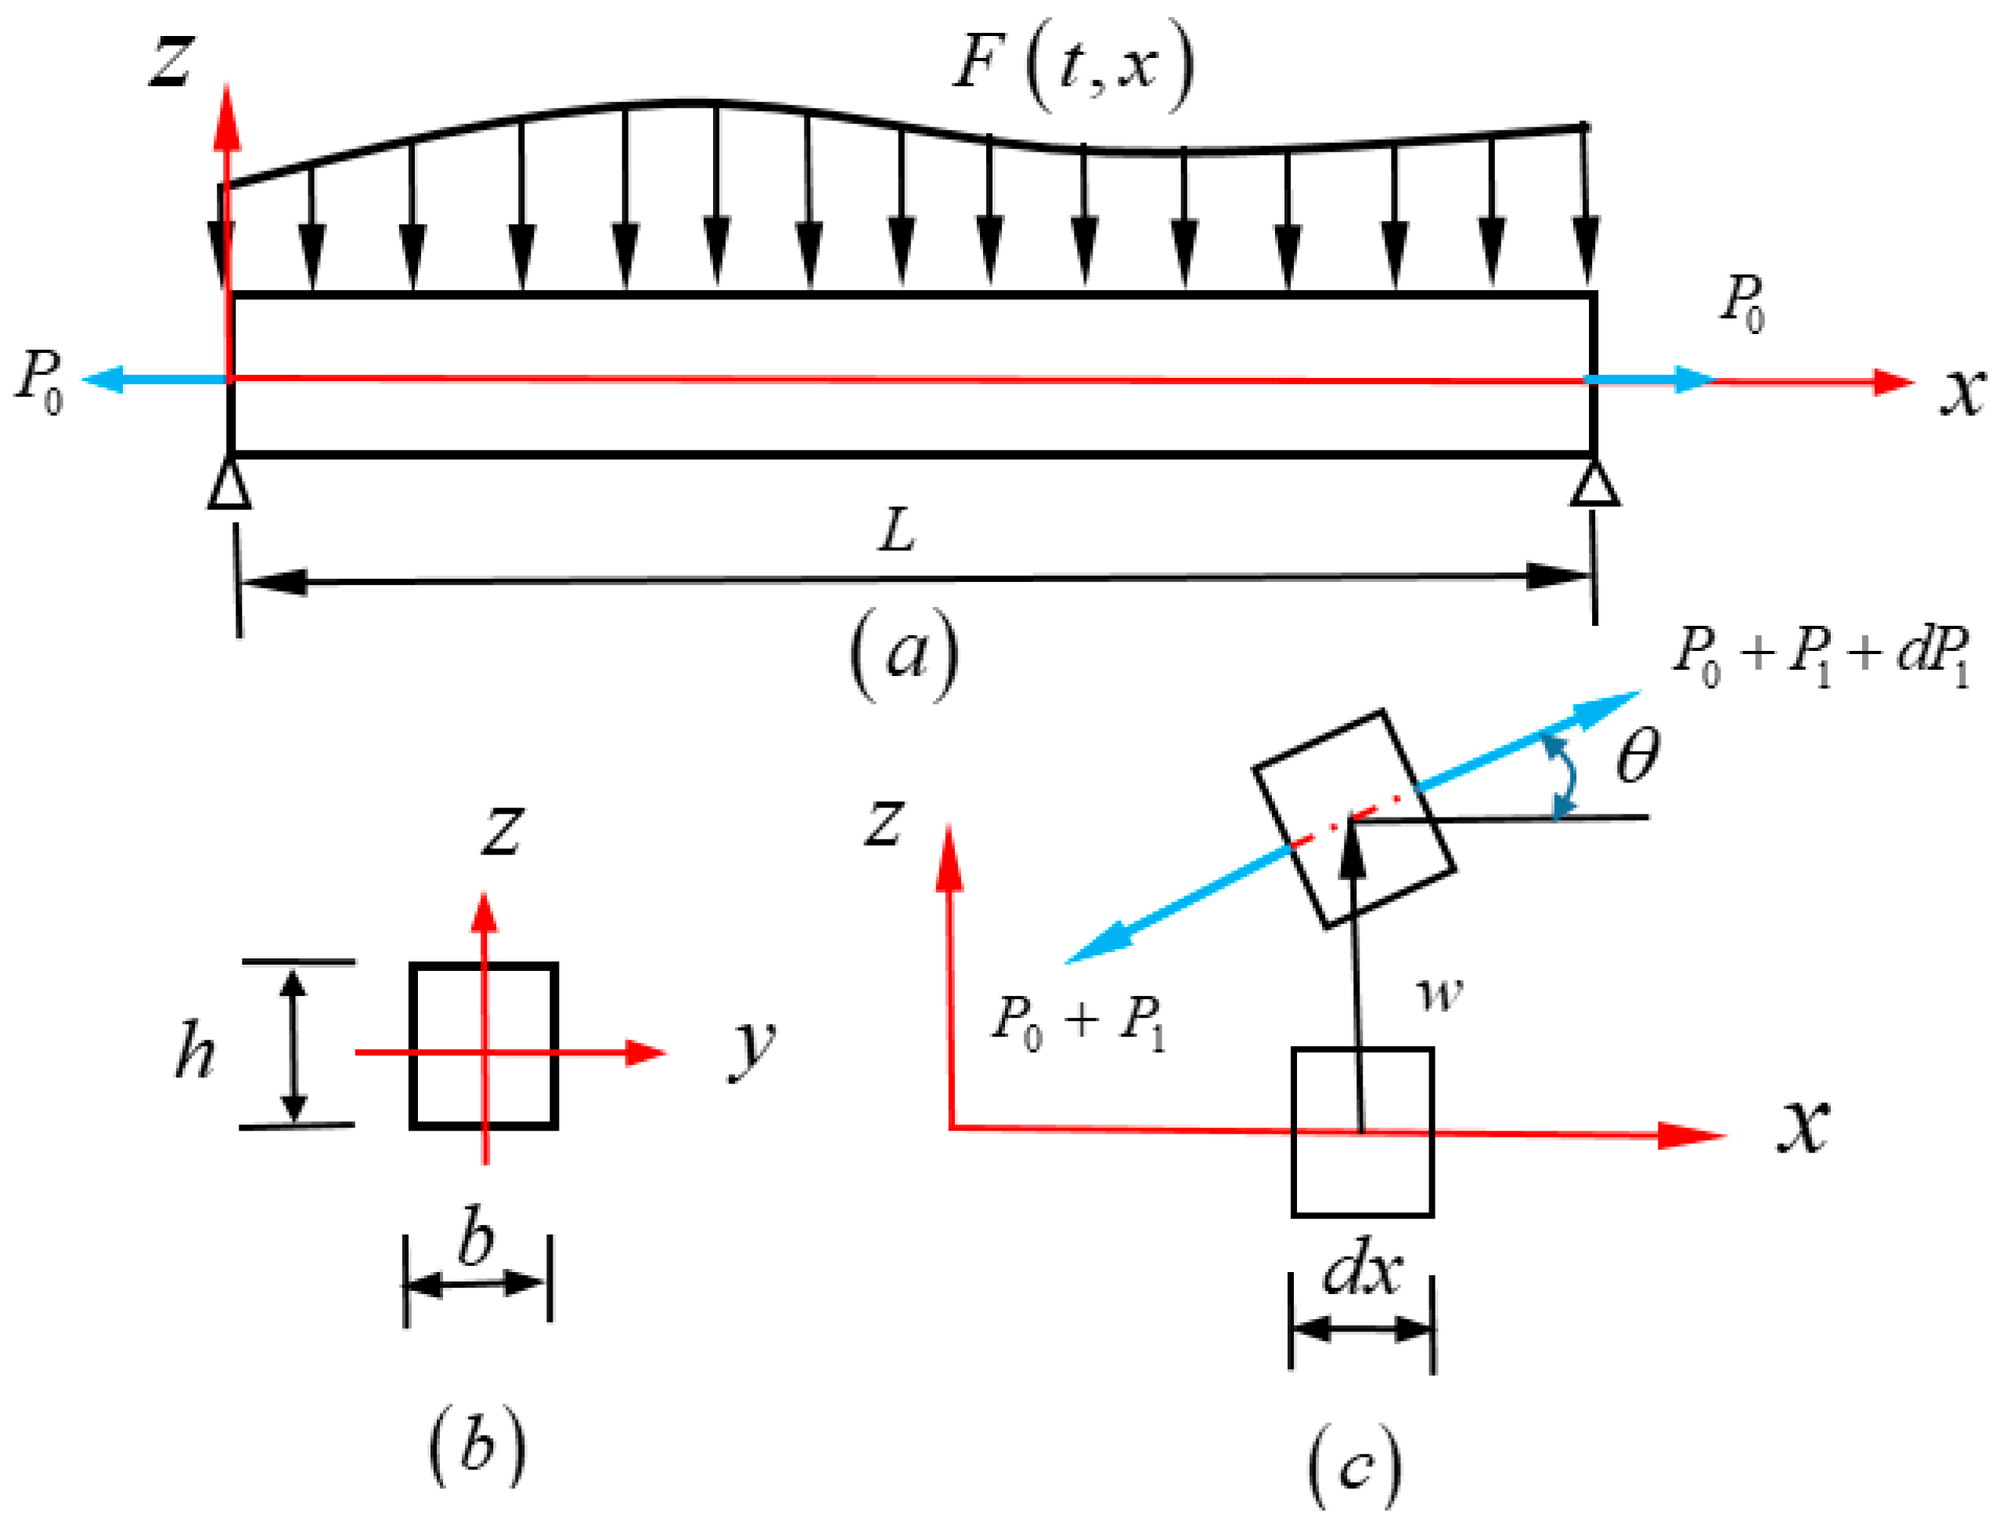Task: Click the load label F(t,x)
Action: [1072, 66]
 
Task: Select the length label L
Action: [897, 531]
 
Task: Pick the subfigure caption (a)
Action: [904, 654]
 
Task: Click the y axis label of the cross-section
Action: [751, 1049]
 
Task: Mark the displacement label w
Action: [1440, 994]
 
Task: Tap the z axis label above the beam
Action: [170, 61]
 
